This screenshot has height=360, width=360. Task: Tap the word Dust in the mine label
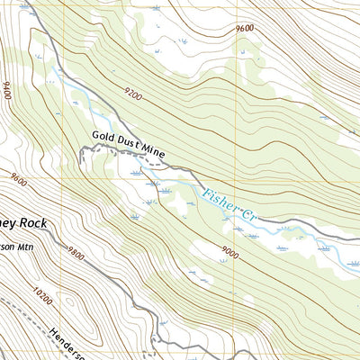131,145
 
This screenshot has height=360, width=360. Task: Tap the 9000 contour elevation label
229,255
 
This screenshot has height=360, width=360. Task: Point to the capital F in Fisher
206,193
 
